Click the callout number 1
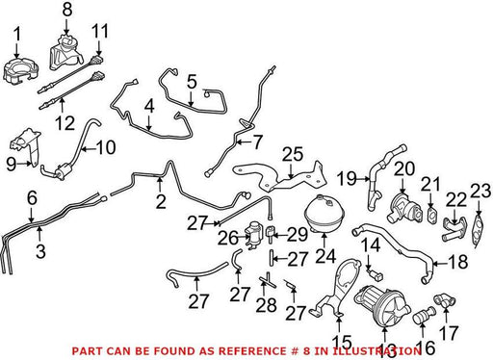17,34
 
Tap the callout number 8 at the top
67,10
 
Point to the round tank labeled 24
324,213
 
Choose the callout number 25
293,154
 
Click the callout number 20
404,168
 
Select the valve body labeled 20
405,208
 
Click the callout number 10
106,147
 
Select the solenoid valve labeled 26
253,237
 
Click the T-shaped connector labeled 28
268,280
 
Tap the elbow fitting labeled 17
445,300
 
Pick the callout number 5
192,82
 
